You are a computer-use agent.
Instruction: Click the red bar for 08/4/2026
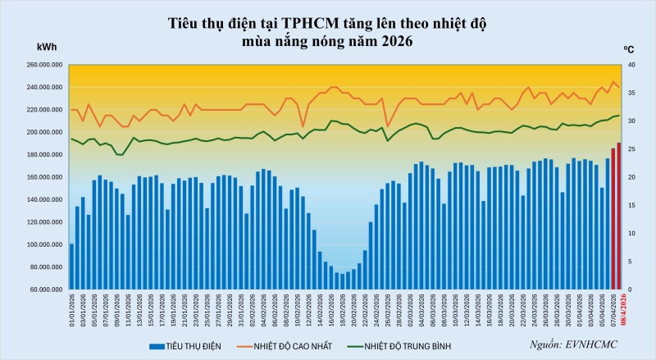(x=618, y=216)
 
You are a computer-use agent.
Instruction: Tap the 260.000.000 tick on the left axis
(x=47, y=65)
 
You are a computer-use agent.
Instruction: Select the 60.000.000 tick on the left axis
(x=49, y=289)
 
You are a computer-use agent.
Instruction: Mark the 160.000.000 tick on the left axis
(x=47, y=177)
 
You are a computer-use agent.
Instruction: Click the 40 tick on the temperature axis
(x=630, y=65)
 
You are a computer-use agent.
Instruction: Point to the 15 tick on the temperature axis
(x=630, y=205)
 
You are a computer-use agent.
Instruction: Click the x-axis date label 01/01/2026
(x=72, y=311)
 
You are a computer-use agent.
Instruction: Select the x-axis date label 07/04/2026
(x=613, y=311)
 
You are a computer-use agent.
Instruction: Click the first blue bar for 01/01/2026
(x=72, y=267)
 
